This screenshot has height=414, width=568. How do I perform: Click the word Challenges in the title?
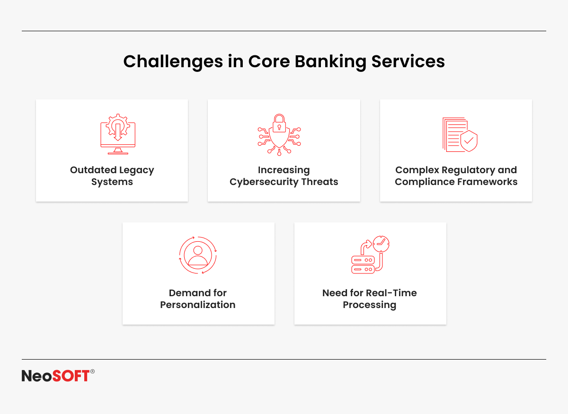click(x=173, y=62)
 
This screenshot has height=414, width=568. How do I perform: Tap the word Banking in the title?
click(x=331, y=62)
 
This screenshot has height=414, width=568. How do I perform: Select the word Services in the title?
click(x=408, y=62)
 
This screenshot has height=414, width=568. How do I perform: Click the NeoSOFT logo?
click(x=58, y=375)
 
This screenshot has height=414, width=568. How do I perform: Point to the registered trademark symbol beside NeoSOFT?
click(x=93, y=371)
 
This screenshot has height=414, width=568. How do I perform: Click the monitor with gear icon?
click(x=118, y=134)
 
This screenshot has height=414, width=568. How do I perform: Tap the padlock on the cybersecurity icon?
click(x=279, y=123)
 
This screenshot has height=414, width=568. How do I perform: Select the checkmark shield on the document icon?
click(x=469, y=141)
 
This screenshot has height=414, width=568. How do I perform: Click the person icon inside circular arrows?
click(x=198, y=255)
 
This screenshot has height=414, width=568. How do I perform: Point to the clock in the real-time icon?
click(x=381, y=244)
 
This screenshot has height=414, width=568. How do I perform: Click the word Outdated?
click(x=93, y=170)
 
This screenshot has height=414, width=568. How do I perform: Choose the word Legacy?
click(x=137, y=171)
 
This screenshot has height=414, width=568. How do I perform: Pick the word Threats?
click(x=320, y=182)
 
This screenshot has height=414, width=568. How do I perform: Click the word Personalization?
click(x=198, y=305)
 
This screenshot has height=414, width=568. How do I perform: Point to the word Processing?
click(x=370, y=305)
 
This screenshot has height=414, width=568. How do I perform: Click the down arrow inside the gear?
click(x=118, y=132)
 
